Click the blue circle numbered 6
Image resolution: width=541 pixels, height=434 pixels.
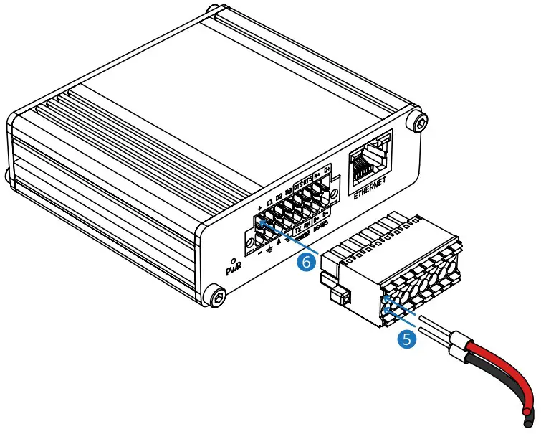click(x=307, y=263)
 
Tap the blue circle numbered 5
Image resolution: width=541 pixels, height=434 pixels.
click(x=408, y=339)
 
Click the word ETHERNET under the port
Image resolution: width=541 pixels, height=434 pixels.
click(x=370, y=189)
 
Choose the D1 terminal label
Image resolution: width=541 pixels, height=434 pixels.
click(x=269, y=201)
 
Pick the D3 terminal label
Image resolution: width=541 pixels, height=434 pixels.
click(x=287, y=192)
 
